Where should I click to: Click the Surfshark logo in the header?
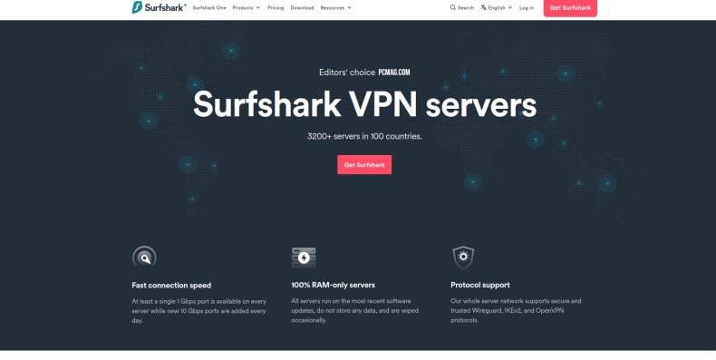click(159, 7)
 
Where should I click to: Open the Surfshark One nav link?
click(209, 7)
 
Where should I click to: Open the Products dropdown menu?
click(246, 7)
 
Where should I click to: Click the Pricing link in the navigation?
click(276, 7)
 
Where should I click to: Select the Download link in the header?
click(302, 7)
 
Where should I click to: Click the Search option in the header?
click(462, 7)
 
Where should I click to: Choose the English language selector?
click(497, 7)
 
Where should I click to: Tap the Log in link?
click(527, 7)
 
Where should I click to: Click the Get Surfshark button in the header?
click(570, 7)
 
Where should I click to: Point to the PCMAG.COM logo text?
click(394, 73)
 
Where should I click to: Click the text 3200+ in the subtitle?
click(320, 137)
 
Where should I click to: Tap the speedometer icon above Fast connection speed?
click(144, 257)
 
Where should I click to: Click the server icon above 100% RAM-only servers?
click(304, 257)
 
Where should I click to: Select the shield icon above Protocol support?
click(463, 257)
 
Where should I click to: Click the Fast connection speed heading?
click(171, 285)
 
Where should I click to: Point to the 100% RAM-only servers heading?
click(333, 285)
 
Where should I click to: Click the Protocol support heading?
click(480, 285)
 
